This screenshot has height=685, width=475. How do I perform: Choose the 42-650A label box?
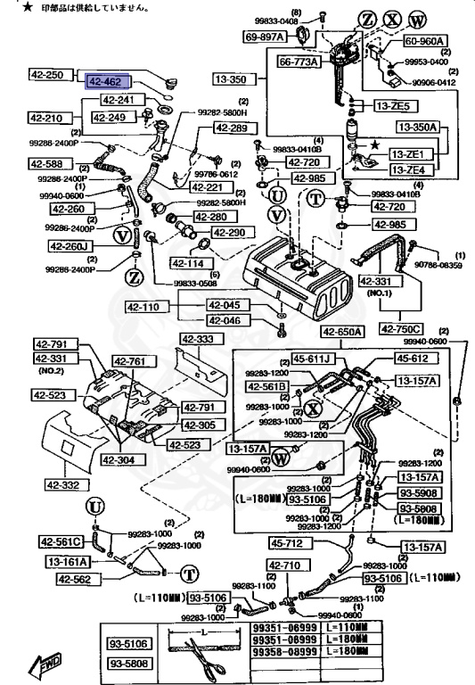(x=343, y=332)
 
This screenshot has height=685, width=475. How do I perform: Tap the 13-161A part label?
(x=69, y=562)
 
